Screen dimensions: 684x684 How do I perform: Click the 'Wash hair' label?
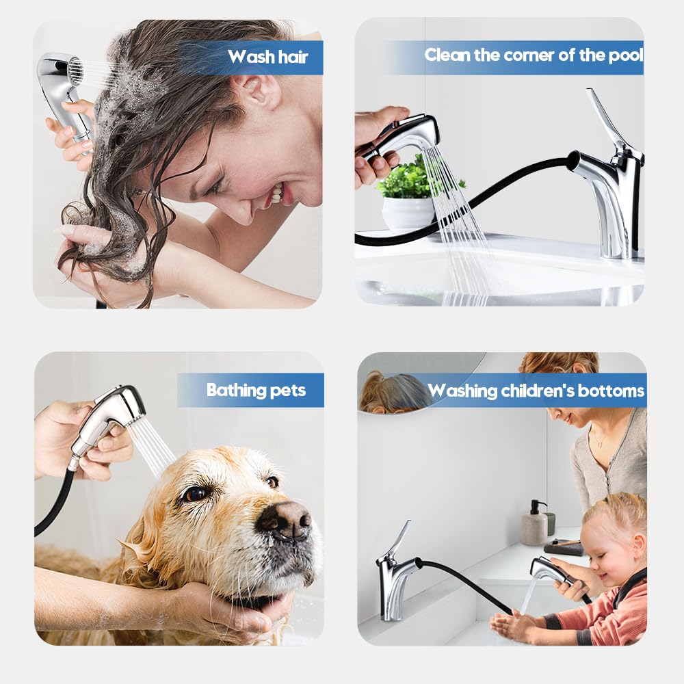(267, 57)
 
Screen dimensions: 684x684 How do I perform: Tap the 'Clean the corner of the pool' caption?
(534, 55)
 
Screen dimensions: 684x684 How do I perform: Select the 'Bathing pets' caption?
(256, 390)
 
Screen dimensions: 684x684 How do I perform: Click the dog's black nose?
(284, 520)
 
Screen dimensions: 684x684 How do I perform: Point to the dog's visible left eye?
(194, 493)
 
